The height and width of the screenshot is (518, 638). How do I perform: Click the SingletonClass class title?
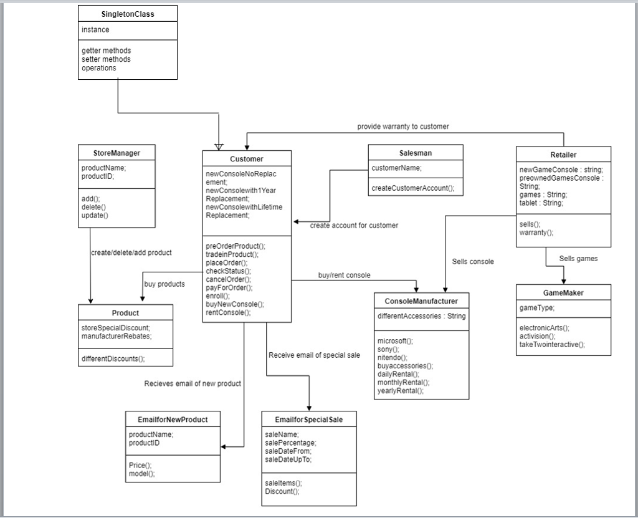128,14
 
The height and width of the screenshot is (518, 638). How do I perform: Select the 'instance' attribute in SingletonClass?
95,30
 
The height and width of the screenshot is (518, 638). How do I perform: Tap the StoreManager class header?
117,153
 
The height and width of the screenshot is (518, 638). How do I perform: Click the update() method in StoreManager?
95,216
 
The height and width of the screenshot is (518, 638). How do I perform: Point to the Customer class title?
247,159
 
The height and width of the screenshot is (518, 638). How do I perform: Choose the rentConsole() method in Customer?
228,312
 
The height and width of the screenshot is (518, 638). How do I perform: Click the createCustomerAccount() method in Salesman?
413,188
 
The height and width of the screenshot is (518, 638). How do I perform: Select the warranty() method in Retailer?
536,233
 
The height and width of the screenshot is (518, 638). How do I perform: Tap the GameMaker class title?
563,292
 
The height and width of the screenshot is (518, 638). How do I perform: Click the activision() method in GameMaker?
538,335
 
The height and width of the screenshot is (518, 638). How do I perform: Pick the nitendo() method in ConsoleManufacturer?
392,358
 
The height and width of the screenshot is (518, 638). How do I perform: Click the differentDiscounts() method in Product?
113,358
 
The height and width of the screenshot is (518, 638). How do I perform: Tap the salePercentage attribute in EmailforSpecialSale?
290,443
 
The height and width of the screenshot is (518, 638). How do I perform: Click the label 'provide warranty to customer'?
402,127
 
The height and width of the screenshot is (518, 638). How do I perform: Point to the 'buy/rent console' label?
344,275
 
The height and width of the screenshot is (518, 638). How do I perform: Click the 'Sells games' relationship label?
578,259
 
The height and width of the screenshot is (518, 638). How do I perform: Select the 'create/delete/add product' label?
131,252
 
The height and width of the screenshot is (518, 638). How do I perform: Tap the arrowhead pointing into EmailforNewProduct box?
224,446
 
